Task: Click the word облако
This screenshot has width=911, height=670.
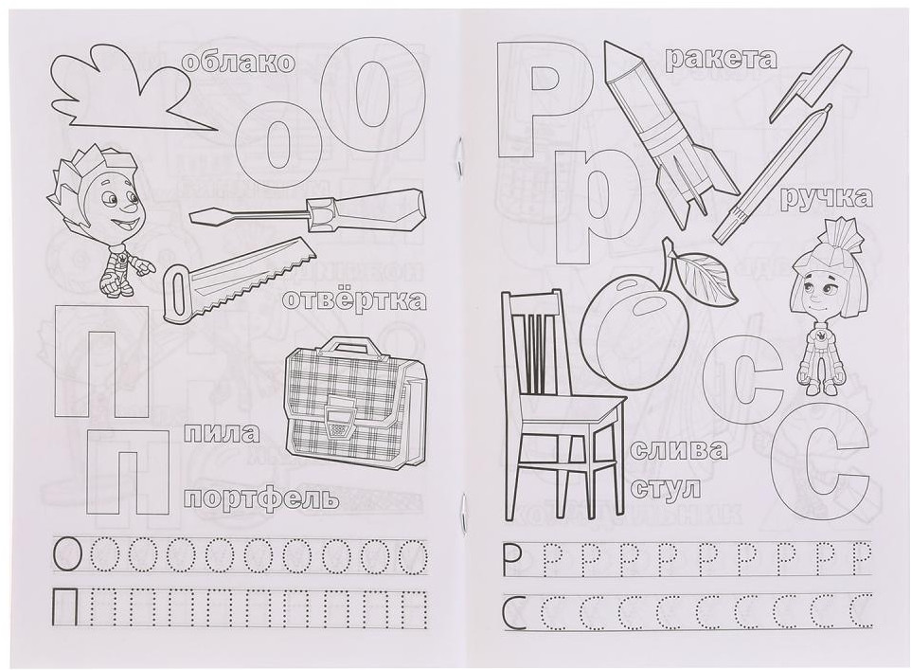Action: click(239, 63)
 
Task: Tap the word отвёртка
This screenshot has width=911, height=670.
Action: click(354, 300)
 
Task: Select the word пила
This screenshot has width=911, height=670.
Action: click(222, 434)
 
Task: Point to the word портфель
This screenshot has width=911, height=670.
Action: click(263, 498)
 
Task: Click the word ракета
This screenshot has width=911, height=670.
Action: click(721, 59)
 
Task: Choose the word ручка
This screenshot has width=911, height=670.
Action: click(826, 198)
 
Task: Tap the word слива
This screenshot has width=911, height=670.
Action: click(679, 449)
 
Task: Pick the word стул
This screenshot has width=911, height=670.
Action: click(665, 486)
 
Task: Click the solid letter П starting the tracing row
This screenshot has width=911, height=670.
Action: click(64, 605)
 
